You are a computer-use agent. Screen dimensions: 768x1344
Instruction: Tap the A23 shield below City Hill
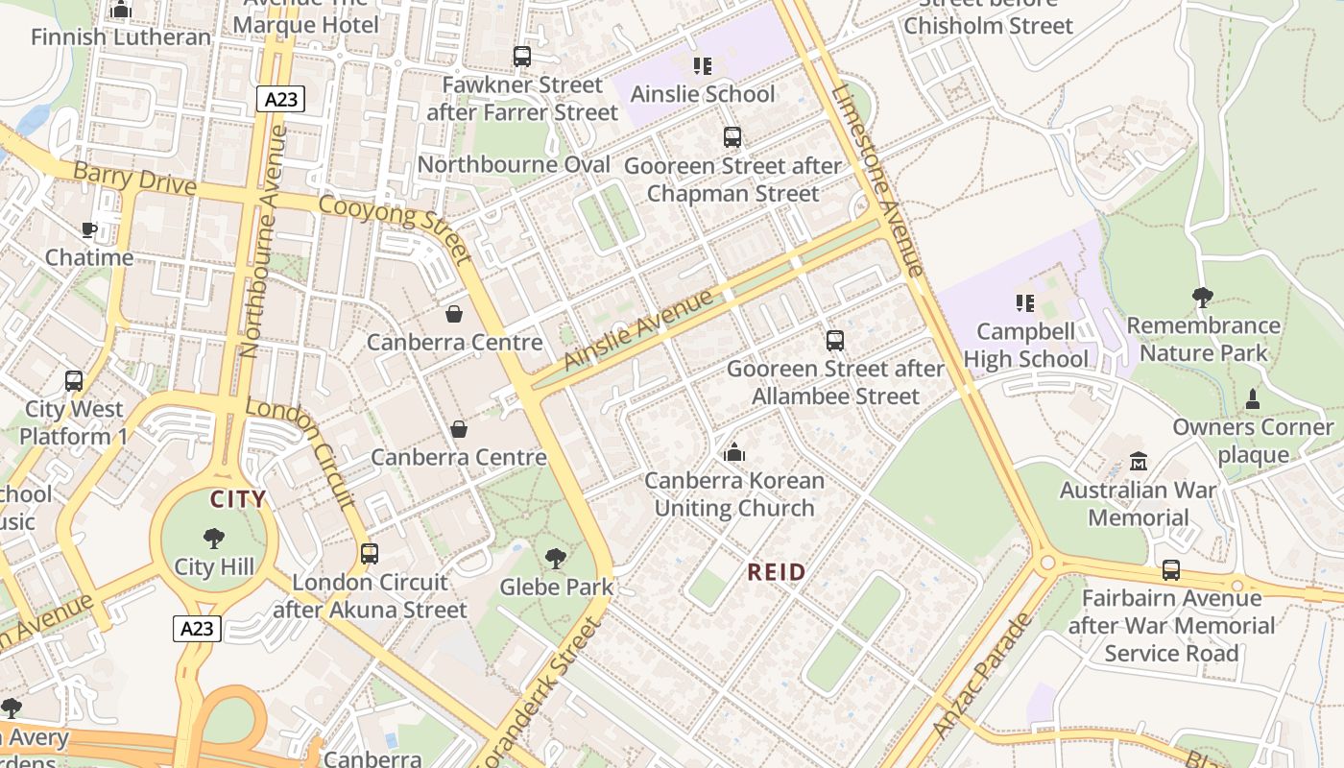point(198,629)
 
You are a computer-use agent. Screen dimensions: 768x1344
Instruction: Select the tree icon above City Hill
point(214,539)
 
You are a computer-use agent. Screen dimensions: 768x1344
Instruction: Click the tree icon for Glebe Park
point(555,558)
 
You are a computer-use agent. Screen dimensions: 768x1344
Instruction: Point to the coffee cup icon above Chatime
point(89,229)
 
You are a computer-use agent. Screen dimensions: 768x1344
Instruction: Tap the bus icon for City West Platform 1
point(74,381)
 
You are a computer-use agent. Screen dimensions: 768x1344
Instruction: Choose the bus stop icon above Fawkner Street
point(522,57)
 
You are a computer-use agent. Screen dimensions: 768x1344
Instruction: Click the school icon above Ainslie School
point(703,66)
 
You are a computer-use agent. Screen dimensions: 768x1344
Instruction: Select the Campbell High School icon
point(1025,303)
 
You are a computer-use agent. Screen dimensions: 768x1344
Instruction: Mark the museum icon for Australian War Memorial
point(1139,462)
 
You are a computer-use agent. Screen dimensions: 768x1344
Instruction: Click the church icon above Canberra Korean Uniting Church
point(734,452)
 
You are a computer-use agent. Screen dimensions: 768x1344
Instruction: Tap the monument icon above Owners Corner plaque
point(1252,399)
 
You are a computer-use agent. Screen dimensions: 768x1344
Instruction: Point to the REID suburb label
point(777,572)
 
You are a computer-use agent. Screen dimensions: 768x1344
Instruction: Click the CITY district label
point(238,499)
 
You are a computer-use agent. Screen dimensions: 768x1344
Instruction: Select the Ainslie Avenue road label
point(638,329)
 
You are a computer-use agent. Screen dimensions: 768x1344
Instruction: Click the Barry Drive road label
point(134,179)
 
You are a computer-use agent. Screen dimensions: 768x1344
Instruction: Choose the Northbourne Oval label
point(514,164)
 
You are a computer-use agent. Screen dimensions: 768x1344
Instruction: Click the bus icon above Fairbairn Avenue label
point(1170,570)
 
